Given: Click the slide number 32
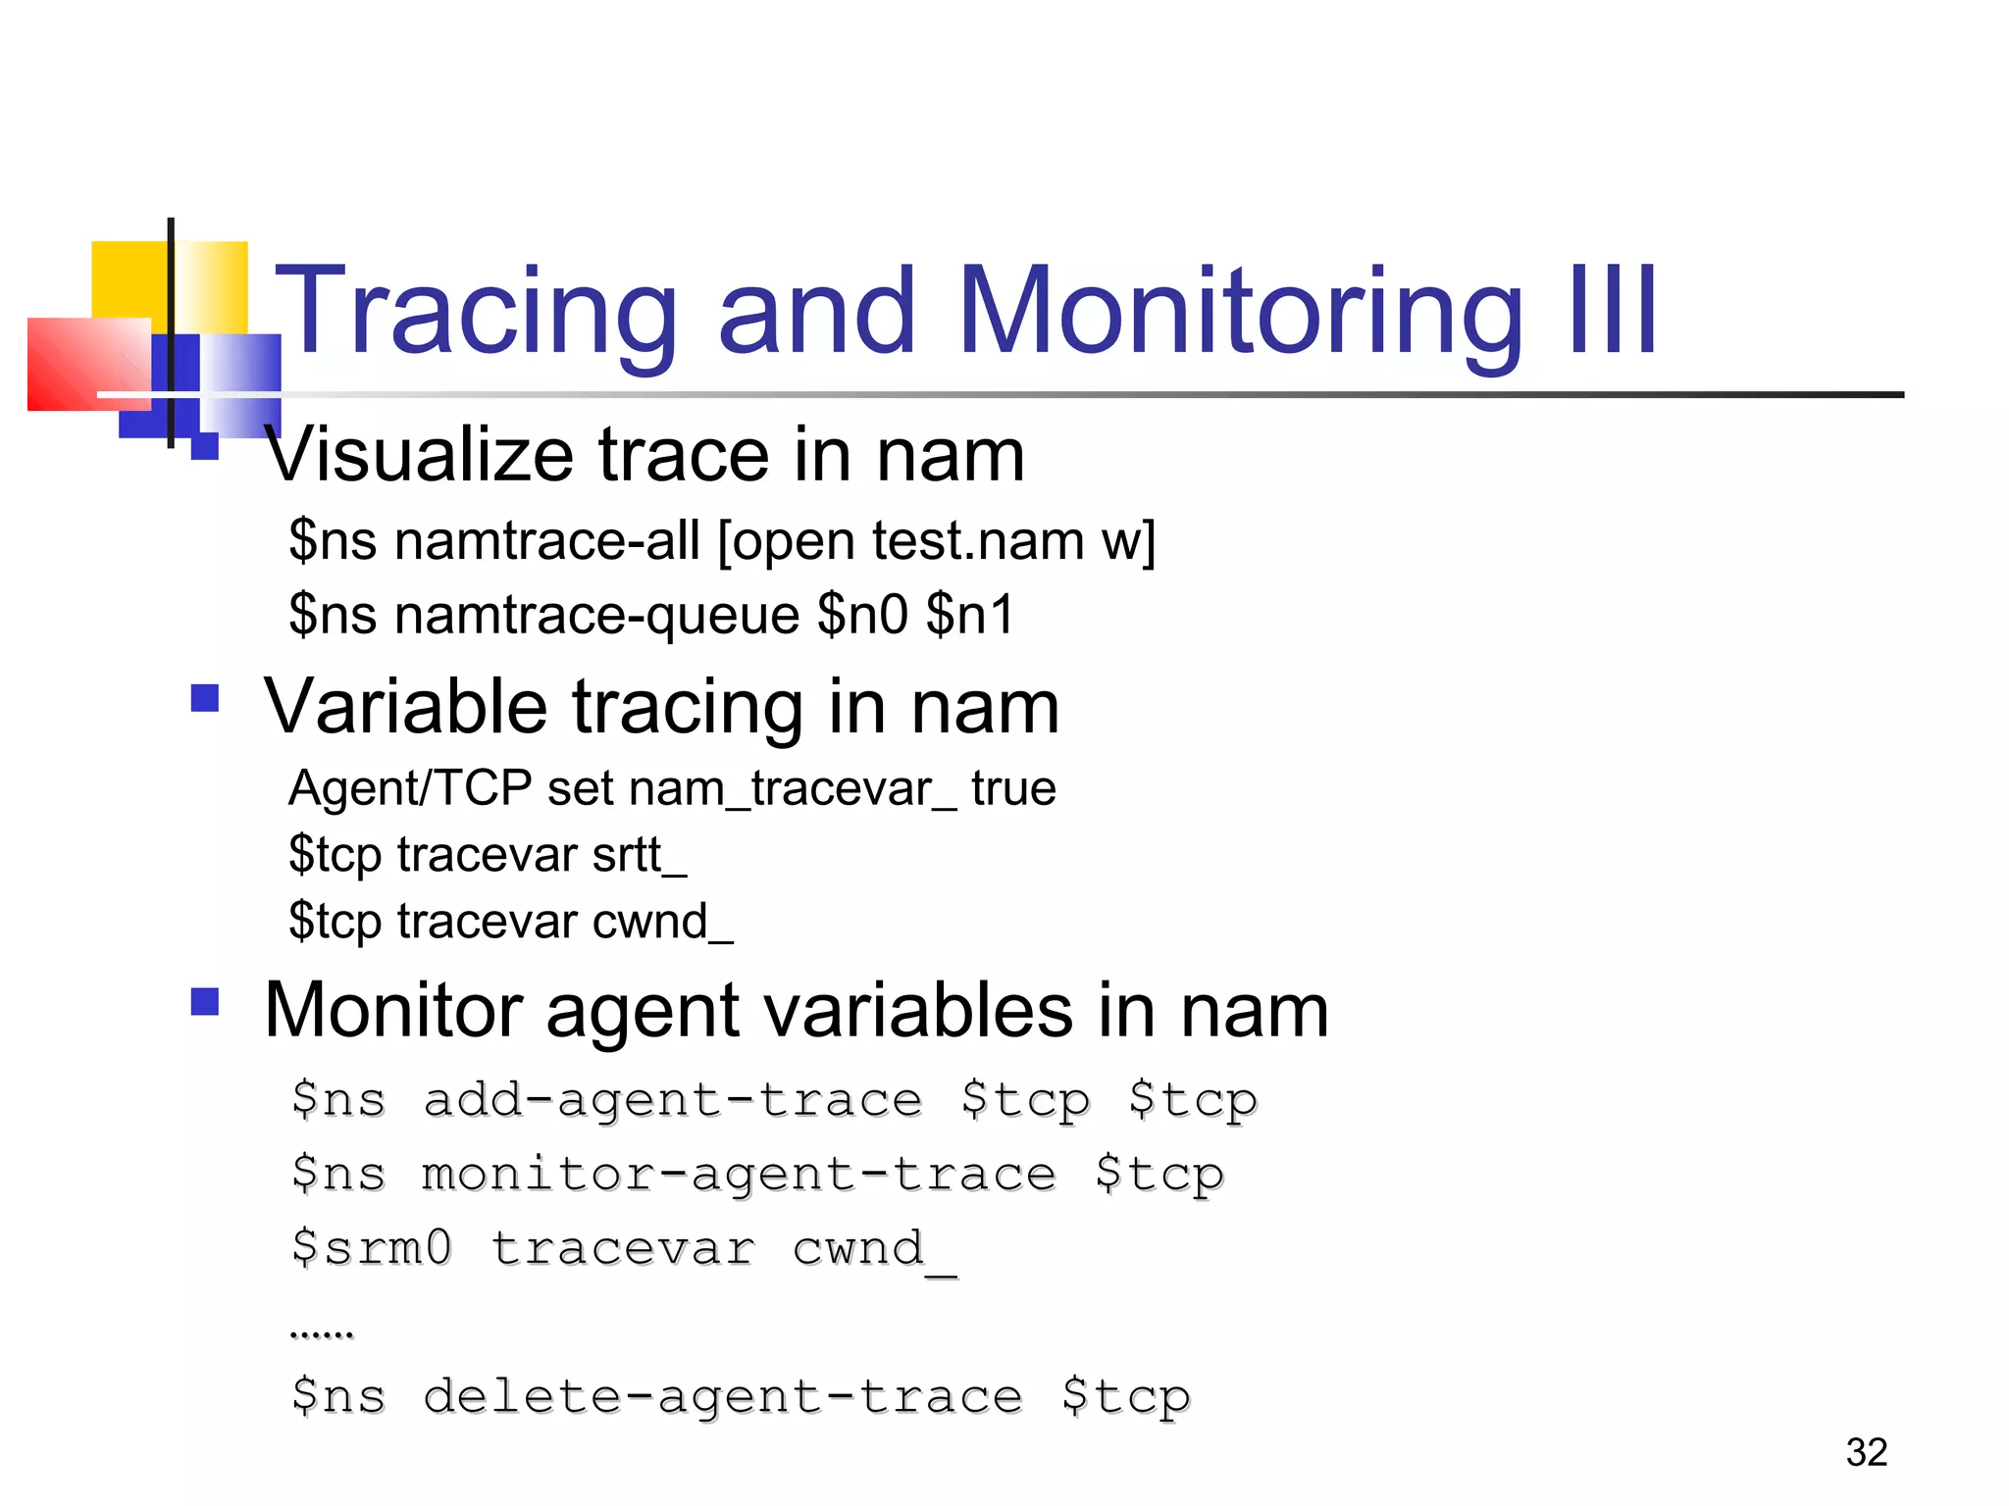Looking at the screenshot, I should [1866, 1452].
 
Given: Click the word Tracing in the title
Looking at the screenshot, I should [476, 312].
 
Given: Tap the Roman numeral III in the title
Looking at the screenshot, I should [1613, 312].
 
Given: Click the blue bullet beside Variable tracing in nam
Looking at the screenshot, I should [204, 698].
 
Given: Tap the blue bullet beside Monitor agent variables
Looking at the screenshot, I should [204, 1001].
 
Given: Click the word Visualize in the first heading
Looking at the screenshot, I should [419, 455].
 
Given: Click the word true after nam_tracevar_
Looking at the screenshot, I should [1013, 788].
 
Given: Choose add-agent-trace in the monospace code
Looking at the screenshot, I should [673, 1100].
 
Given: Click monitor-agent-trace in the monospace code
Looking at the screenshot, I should [739, 1175].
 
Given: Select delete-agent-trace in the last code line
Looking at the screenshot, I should [723, 1396].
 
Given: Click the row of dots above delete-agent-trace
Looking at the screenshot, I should [322, 1334].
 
